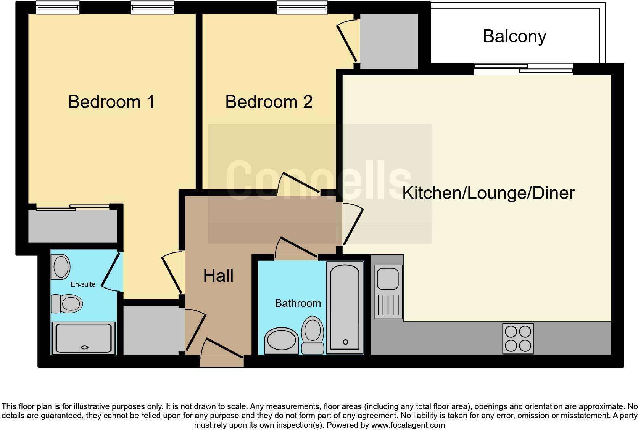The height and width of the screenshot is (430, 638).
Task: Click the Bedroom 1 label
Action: coord(111,102)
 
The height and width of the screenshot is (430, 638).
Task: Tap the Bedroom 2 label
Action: coord(269,102)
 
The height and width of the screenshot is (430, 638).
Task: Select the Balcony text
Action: coord(514,37)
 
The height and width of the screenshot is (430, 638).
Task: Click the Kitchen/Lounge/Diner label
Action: coord(488,193)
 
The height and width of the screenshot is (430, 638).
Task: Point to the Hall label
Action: coord(218,276)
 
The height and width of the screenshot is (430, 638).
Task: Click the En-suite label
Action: coord(83,284)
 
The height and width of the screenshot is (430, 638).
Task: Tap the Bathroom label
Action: coord(298,303)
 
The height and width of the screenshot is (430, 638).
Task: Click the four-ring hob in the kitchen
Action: coord(518,339)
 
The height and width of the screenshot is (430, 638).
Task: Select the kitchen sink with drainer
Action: coord(388,292)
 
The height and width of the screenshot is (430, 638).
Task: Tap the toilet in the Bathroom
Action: coord(313,335)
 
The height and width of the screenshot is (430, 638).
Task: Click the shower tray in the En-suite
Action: coord(84,338)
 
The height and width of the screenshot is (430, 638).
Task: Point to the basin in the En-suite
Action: coord(61,267)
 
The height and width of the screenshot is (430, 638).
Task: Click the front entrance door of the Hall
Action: coord(222,349)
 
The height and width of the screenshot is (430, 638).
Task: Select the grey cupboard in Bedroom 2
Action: coord(388,41)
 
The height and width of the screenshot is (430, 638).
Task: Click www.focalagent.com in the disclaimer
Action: coord(408,425)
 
